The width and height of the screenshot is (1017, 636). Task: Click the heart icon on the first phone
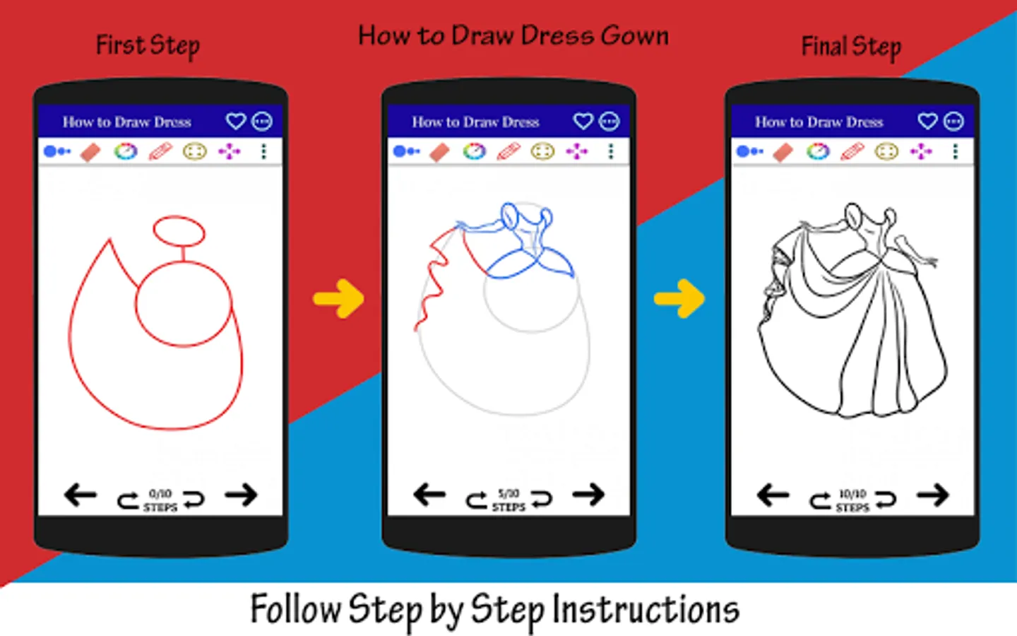coord(236,122)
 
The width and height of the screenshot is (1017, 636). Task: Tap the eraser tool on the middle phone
coord(439,152)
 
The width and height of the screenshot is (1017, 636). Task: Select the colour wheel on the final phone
coord(818,151)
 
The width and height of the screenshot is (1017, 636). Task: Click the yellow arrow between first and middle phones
coord(338,299)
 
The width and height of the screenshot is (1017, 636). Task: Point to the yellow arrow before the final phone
coord(679,299)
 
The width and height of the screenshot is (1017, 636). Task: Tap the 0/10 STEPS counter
coord(160,500)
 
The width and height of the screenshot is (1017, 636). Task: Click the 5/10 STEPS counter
coord(509,500)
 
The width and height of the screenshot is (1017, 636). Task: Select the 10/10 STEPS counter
coord(852,500)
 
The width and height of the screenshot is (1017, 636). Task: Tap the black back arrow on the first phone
coord(81,495)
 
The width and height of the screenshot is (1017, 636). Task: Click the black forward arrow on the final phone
coord(932,495)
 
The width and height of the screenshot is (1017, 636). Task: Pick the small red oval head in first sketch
coord(179,231)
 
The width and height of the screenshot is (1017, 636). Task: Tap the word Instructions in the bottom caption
coord(646,609)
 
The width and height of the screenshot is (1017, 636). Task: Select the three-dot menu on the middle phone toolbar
coord(611,151)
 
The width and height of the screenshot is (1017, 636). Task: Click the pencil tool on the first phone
coord(161,151)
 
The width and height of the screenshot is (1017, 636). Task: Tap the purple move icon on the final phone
coord(921,151)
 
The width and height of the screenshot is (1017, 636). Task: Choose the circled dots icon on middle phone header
coord(609,122)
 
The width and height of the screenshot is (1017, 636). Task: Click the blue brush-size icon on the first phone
coord(56,151)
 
